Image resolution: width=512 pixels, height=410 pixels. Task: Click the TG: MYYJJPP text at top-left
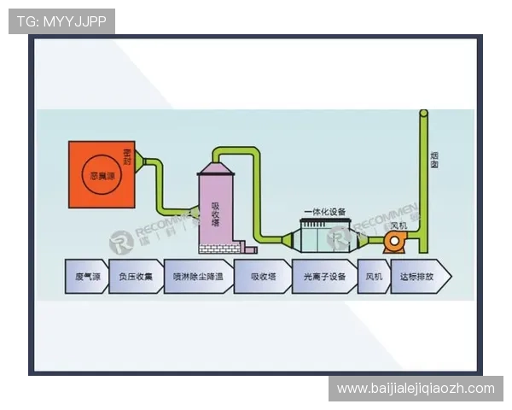click(61, 20)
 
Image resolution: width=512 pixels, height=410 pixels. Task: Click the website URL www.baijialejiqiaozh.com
click(416, 389)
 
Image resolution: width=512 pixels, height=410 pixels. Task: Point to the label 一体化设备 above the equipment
click(324, 211)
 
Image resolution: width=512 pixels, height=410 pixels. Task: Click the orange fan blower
click(395, 243)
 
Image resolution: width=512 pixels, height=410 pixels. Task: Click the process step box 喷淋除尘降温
click(197, 277)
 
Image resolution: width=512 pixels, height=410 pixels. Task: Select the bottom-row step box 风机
click(374, 277)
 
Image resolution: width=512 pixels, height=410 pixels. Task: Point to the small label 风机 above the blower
click(398, 225)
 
